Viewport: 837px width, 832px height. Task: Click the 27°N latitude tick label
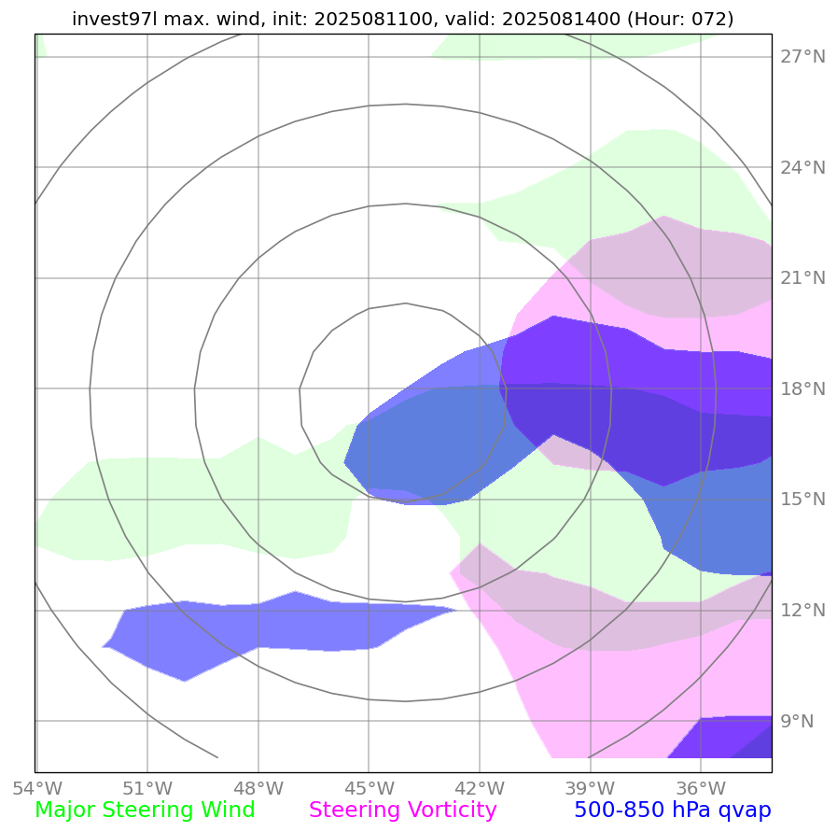(x=802, y=57)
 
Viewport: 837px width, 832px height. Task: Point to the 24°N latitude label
(x=802, y=168)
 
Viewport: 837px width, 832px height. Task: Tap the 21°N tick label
(x=802, y=278)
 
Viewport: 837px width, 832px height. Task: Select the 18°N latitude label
(x=802, y=388)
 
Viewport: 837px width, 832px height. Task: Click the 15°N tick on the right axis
(x=802, y=500)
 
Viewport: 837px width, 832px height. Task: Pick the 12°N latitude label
(x=802, y=610)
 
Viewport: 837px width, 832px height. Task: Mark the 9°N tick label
(x=797, y=721)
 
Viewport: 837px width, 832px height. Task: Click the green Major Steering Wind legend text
(x=145, y=811)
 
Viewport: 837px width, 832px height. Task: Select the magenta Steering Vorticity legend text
(x=403, y=811)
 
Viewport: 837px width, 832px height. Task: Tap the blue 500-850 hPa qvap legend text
(x=673, y=811)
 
